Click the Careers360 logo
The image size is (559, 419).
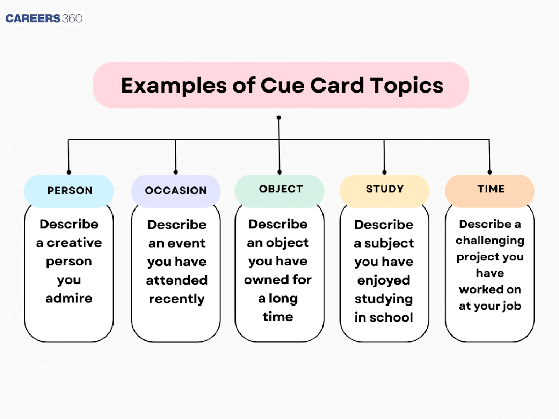click(44, 18)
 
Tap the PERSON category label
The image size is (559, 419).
click(70, 191)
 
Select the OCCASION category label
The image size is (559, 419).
click(176, 191)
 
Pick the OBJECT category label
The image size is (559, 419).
click(281, 189)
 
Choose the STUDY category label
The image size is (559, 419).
click(385, 189)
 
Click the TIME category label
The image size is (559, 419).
click(491, 189)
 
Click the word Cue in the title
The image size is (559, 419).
click(282, 86)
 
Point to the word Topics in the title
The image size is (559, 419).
click(407, 86)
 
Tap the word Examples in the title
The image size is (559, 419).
click(174, 86)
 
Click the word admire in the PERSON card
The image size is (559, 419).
click(69, 298)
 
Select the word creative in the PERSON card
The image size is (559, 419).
click(74, 243)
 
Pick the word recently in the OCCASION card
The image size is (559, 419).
click(177, 299)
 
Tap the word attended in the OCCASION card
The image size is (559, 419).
click(177, 280)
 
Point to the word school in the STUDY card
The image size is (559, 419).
click(391, 317)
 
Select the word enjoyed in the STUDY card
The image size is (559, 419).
click(384, 281)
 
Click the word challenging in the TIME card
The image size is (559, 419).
click(490, 241)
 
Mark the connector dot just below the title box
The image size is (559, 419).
click(279, 118)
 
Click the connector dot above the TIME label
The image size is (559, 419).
click(489, 172)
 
